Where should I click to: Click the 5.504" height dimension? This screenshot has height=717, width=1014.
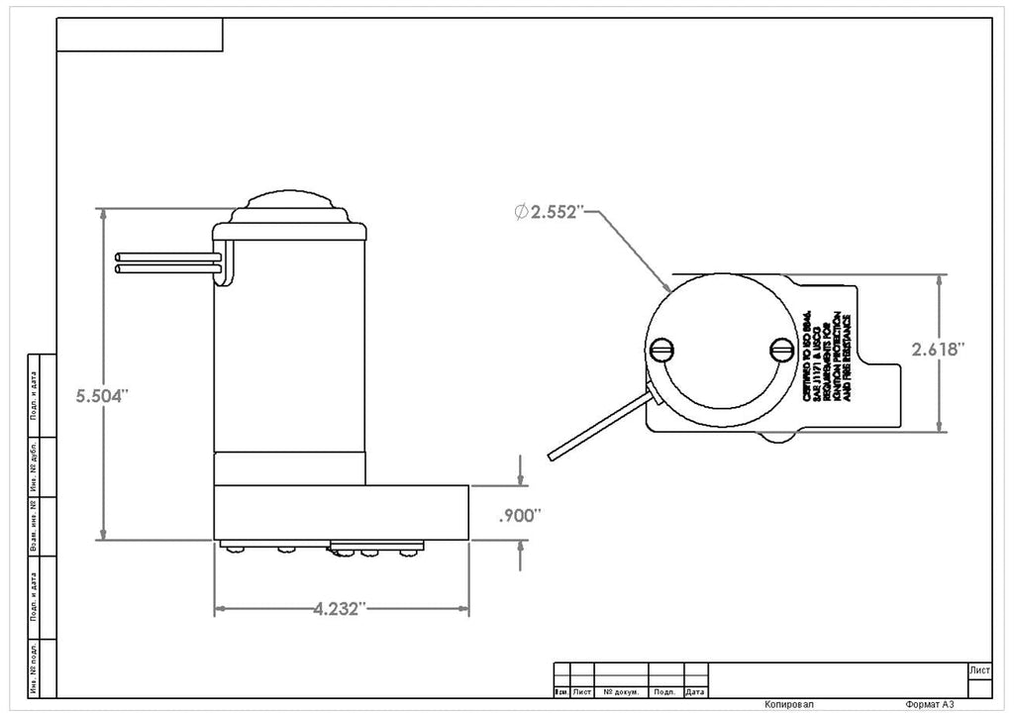point(103,395)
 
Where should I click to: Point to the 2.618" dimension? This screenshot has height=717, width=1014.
point(938,349)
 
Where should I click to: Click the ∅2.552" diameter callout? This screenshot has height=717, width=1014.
point(550,213)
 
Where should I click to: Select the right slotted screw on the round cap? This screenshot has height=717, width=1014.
point(781,349)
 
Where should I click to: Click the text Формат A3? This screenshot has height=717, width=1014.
point(929,704)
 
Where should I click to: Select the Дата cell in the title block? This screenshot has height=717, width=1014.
point(696,691)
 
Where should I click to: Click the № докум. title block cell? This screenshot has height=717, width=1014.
point(621,691)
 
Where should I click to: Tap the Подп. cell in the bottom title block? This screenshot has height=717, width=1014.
point(665,691)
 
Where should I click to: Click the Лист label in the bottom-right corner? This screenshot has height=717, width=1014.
point(978,670)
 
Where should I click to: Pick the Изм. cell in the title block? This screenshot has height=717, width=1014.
point(560,691)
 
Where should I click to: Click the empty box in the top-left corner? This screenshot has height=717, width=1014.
point(140,35)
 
